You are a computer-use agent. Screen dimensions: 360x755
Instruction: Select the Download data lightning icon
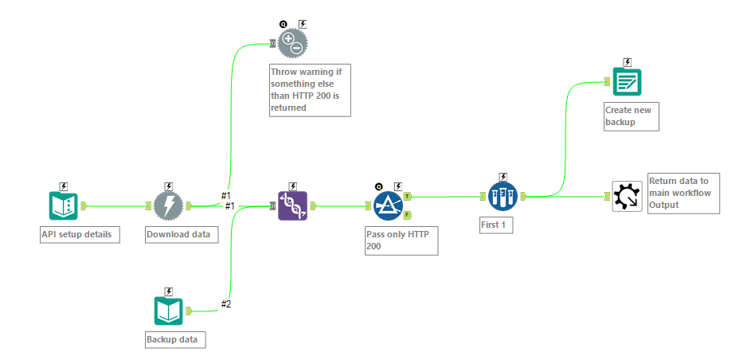pos(168,205)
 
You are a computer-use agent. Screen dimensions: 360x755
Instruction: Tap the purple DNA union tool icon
pos(292,205)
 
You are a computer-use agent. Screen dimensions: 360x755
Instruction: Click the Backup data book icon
pos(168,311)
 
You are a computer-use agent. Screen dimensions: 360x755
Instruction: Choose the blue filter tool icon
pos(389,205)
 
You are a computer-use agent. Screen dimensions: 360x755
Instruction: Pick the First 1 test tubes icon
pos(503,195)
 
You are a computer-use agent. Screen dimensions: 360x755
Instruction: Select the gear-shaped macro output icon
pos(627,196)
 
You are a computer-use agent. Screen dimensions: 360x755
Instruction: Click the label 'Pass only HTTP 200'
pos(402,240)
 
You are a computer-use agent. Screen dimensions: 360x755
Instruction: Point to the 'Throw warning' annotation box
pos(309,89)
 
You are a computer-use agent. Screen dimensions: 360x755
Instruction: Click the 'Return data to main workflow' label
pos(683,192)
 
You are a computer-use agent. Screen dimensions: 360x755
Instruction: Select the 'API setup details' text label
pos(80,235)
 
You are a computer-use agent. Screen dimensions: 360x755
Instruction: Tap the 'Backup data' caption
pos(174,340)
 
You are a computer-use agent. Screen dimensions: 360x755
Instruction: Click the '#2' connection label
pos(225,303)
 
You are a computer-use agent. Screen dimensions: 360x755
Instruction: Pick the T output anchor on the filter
pos(408,196)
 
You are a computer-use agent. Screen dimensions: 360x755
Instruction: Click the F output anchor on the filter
pos(408,215)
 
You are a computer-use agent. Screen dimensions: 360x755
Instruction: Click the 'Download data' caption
pos(181,235)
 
